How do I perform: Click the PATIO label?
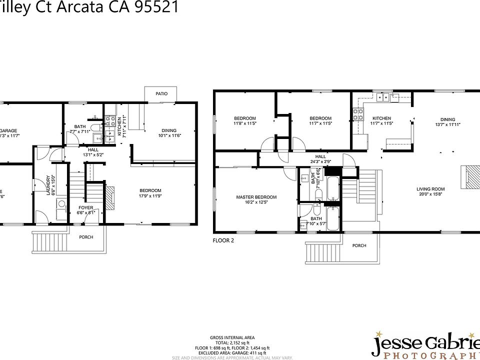coord(161,93)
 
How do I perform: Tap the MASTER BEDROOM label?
coord(256,197)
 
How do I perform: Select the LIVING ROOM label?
coord(430,189)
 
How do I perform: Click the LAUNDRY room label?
coord(48,184)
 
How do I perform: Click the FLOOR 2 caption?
coord(223,240)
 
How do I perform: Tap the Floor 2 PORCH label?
coord(359,245)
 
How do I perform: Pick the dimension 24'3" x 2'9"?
coord(320,161)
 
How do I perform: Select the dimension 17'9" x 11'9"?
coord(150,195)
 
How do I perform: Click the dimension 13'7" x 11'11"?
coord(447,124)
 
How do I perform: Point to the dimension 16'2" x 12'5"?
coord(256,202)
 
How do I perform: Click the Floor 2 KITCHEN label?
coord(381,118)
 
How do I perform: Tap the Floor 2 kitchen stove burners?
coord(358,114)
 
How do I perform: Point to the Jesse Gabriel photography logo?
coord(425,345)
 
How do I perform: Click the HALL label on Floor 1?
coord(93,149)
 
